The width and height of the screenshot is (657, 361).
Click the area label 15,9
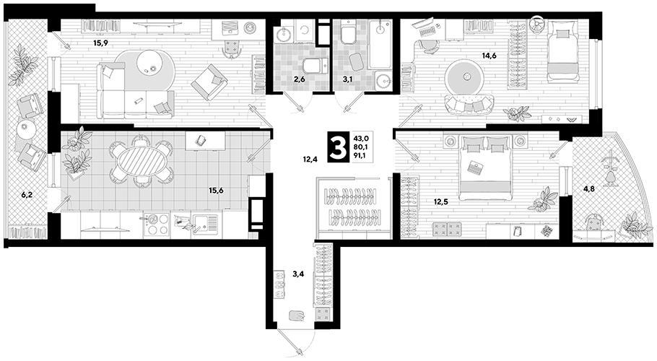pos(100,43)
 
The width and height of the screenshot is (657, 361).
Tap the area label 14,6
pos(489,56)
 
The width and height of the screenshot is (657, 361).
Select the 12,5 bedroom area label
pos(441,202)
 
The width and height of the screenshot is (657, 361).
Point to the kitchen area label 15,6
pos(216,190)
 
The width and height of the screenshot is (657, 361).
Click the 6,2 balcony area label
pos(27,194)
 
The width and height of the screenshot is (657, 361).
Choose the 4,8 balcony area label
pos(590,189)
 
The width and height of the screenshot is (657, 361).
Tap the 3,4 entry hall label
pos(298,274)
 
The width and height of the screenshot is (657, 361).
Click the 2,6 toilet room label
pos(299,79)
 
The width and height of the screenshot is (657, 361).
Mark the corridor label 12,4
pos(309,159)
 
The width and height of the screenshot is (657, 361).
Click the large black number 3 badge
pos(338,147)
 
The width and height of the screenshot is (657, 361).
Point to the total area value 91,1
pos(360,155)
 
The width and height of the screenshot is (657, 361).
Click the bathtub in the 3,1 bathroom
pos(380,45)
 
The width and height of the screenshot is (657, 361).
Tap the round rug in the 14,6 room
pos(464,77)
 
